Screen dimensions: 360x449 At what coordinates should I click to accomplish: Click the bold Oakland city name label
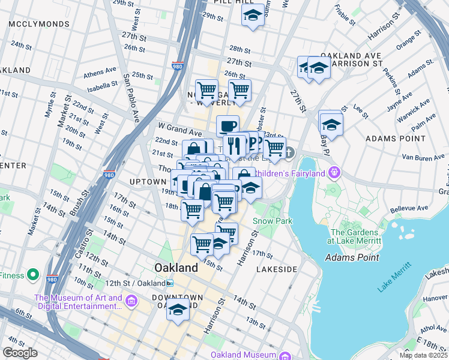click(176, 267)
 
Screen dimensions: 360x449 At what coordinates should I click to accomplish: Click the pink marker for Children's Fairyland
click(334, 173)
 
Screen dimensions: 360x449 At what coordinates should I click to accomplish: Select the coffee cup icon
click(228, 126)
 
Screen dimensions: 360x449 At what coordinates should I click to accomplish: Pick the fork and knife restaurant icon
click(234, 145)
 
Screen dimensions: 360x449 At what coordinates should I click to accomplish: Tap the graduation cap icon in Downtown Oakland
click(178, 310)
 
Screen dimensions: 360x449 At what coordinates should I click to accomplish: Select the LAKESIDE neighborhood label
click(277, 269)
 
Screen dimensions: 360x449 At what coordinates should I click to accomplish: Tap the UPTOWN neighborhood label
click(147, 181)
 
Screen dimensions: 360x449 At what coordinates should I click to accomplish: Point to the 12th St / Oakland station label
click(140, 283)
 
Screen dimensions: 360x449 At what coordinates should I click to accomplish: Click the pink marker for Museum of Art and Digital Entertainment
click(132, 301)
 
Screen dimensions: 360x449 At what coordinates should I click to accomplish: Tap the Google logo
click(20, 353)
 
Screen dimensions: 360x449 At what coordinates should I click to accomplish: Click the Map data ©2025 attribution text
click(423, 355)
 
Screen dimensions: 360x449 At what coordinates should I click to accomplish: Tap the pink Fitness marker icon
click(33, 275)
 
